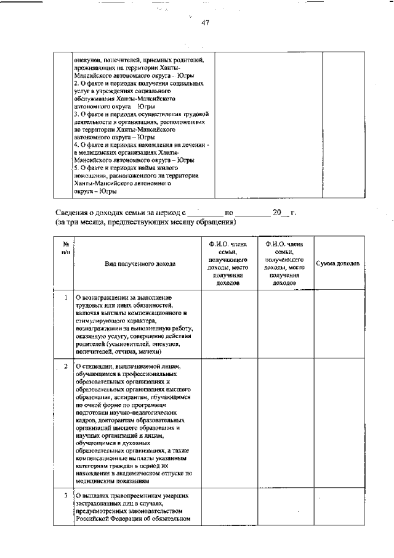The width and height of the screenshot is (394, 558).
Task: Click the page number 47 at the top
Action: [206, 23]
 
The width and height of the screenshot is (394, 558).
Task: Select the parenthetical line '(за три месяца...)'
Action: [145, 221]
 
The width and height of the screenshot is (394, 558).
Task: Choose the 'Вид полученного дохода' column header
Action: [140, 264]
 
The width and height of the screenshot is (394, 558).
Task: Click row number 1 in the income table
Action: [65, 298]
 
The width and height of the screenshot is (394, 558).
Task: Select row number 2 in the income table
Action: [65, 367]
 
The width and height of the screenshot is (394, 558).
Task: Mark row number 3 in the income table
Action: [65, 495]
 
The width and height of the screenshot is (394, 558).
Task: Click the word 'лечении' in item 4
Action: [193, 145]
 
